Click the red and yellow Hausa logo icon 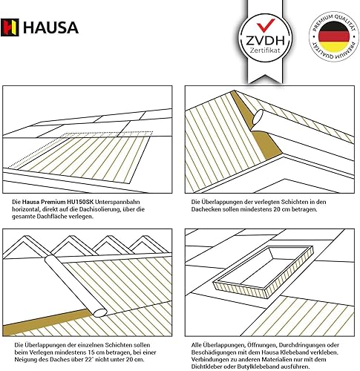[x=10, y=27]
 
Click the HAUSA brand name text [x=50, y=27]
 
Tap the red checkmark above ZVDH [x=266, y=25]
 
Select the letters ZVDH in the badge [x=265, y=40]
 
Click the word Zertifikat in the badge [x=265, y=50]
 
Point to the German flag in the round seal [x=334, y=36]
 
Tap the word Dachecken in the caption [x=204, y=209]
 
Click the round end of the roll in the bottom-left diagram [x=99, y=312]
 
